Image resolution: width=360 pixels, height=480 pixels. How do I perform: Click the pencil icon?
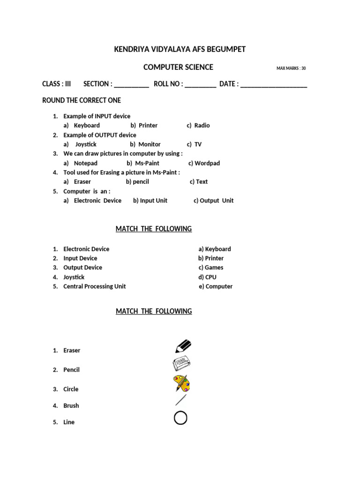tap(183, 346)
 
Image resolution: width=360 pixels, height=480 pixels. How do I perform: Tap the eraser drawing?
tap(181, 364)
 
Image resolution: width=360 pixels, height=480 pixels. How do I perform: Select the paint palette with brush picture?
tap(181, 383)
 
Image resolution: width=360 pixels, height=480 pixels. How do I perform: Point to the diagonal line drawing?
tap(180, 400)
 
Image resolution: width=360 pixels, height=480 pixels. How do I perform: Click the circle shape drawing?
tap(180, 418)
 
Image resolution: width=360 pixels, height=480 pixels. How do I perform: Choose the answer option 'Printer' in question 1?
tap(148, 126)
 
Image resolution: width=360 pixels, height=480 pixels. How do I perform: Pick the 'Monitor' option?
tap(149, 144)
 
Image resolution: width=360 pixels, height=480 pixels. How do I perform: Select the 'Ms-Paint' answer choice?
tap(147, 163)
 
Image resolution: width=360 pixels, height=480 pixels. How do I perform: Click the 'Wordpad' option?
tap(207, 163)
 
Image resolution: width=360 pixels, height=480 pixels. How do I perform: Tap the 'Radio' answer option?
tap(202, 126)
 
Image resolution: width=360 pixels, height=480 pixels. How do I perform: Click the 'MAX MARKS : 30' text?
tap(291, 68)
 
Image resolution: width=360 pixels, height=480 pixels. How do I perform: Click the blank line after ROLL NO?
tap(201, 85)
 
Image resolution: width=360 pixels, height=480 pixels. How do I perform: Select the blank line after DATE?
tap(273, 85)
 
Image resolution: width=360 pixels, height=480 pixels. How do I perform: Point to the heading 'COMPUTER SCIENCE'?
tap(178, 67)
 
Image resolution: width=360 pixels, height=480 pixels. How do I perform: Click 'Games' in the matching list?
tap(214, 268)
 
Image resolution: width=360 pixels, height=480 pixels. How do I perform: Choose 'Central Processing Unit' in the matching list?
tap(94, 286)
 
